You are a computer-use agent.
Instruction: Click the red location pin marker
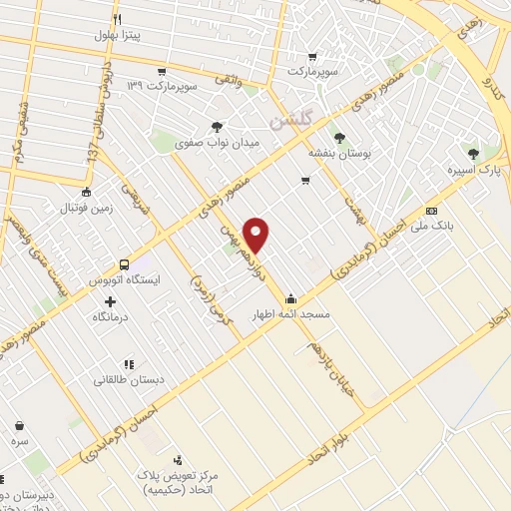pyautogui.click(x=257, y=234)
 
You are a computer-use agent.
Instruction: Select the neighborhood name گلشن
pyautogui.click(x=292, y=119)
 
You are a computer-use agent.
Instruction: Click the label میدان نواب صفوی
pyautogui.click(x=218, y=142)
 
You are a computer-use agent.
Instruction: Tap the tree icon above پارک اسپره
pyautogui.click(x=474, y=153)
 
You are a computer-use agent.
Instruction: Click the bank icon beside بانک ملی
pyautogui.click(x=431, y=211)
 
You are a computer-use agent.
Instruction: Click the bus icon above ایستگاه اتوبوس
pyautogui.click(x=124, y=264)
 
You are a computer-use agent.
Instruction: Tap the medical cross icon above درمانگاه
pyautogui.click(x=110, y=300)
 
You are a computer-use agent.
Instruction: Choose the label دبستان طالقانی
pyautogui.click(x=128, y=380)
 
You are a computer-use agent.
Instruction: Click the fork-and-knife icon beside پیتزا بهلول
pyautogui.click(x=118, y=19)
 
